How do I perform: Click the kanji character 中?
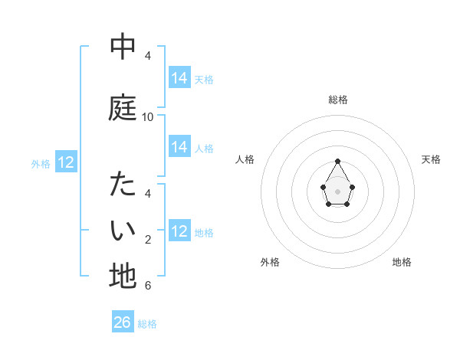coord(123,47)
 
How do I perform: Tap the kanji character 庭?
coord(123,107)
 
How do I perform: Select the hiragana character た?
coord(123,185)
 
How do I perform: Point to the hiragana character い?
coord(123,229)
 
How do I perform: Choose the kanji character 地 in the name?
coord(123,276)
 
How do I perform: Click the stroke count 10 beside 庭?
coord(148,117)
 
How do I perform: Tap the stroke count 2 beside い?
coord(148,240)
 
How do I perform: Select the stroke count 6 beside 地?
coord(148,286)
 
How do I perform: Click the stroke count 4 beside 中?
coord(148,56)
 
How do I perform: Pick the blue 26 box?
coord(123,322)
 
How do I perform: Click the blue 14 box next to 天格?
coord(179,78)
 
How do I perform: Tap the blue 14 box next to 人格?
coord(179,147)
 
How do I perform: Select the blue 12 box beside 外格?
coord(65,162)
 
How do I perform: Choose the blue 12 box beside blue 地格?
coord(179,231)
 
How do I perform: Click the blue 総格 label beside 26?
coord(147,324)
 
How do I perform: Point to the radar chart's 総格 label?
coord(338,100)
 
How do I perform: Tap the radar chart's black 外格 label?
coord(270,262)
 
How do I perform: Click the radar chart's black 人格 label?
coord(245,159)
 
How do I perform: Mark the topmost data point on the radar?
coord(338,162)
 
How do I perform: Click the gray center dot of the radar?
coord(338,190)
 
